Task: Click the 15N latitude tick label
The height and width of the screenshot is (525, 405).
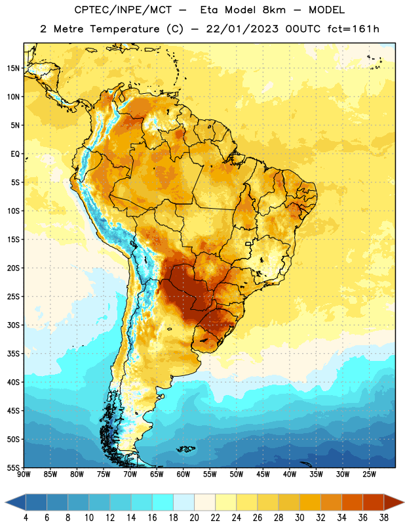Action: pyautogui.click(x=13, y=68)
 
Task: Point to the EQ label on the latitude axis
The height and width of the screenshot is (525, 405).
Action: pyautogui.click(x=15, y=154)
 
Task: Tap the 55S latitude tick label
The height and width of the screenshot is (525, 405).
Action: pyautogui.click(x=13, y=467)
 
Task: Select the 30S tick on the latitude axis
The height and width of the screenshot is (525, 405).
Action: pyautogui.click(x=13, y=325)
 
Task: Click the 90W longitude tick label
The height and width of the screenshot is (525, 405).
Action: pyautogui.click(x=24, y=474)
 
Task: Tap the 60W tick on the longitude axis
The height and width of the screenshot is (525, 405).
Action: pyautogui.click(x=183, y=474)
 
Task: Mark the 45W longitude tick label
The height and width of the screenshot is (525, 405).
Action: pyautogui.click(x=263, y=474)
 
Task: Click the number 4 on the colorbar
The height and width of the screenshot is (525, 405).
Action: pyautogui.click(x=26, y=518)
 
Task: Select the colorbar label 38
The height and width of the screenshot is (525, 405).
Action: pyautogui.click(x=383, y=518)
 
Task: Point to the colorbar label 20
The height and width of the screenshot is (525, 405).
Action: pyautogui.click(x=194, y=518)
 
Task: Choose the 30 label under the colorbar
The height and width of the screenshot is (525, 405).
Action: pyautogui.click(x=299, y=518)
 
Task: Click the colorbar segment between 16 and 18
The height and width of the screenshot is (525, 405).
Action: pyautogui.click(x=163, y=502)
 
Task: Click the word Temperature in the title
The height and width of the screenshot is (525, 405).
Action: pyautogui.click(x=125, y=29)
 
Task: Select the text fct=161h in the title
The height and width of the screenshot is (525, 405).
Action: pyautogui.click(x=353, y=29)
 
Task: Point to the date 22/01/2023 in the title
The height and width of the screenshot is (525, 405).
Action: pyautogui.click(x=242, y=29)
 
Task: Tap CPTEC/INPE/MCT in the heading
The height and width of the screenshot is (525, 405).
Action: pyautogui.click(x=123, y=10)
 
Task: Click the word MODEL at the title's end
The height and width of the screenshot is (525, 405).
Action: pyautogui.click(x=326, y=10)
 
